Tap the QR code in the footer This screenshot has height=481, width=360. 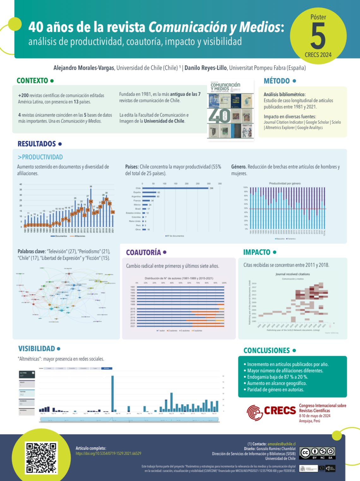(x=41, y=457)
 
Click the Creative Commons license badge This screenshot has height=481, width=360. (x=317, y=453)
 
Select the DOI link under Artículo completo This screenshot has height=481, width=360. (x=108, y=454)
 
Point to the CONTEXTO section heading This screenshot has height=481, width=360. (x=32, y=81)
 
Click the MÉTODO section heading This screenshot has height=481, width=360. (x=277, y=81)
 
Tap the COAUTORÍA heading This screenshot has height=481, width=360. (x=143, y=252)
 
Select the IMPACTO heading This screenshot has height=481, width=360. (x=257, y=252)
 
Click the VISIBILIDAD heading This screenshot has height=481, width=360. (x=37, y=349)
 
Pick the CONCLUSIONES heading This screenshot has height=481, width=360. (x=267, y=350)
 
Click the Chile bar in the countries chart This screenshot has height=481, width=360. (x=175, y=188)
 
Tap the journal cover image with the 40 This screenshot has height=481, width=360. (x=231, y=110)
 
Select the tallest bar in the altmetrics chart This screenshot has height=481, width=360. (x=113, y=393)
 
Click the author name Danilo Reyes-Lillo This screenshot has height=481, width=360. (x=206, y=68)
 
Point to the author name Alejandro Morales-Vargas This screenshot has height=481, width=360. (x=84, y=68)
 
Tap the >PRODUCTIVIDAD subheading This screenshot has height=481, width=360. (x=40, y=157)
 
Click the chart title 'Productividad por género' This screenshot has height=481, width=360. (x=285, y=183)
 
